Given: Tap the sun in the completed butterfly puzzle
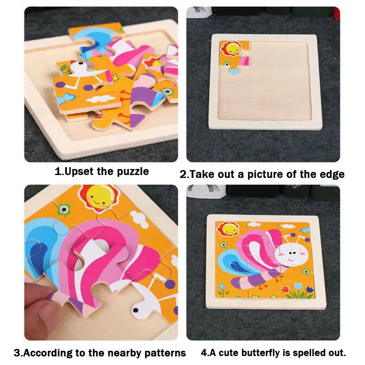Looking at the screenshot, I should coord(228,229).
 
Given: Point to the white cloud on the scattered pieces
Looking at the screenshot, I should coord(100,98).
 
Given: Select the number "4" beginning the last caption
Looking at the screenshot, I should coord(203,353).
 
